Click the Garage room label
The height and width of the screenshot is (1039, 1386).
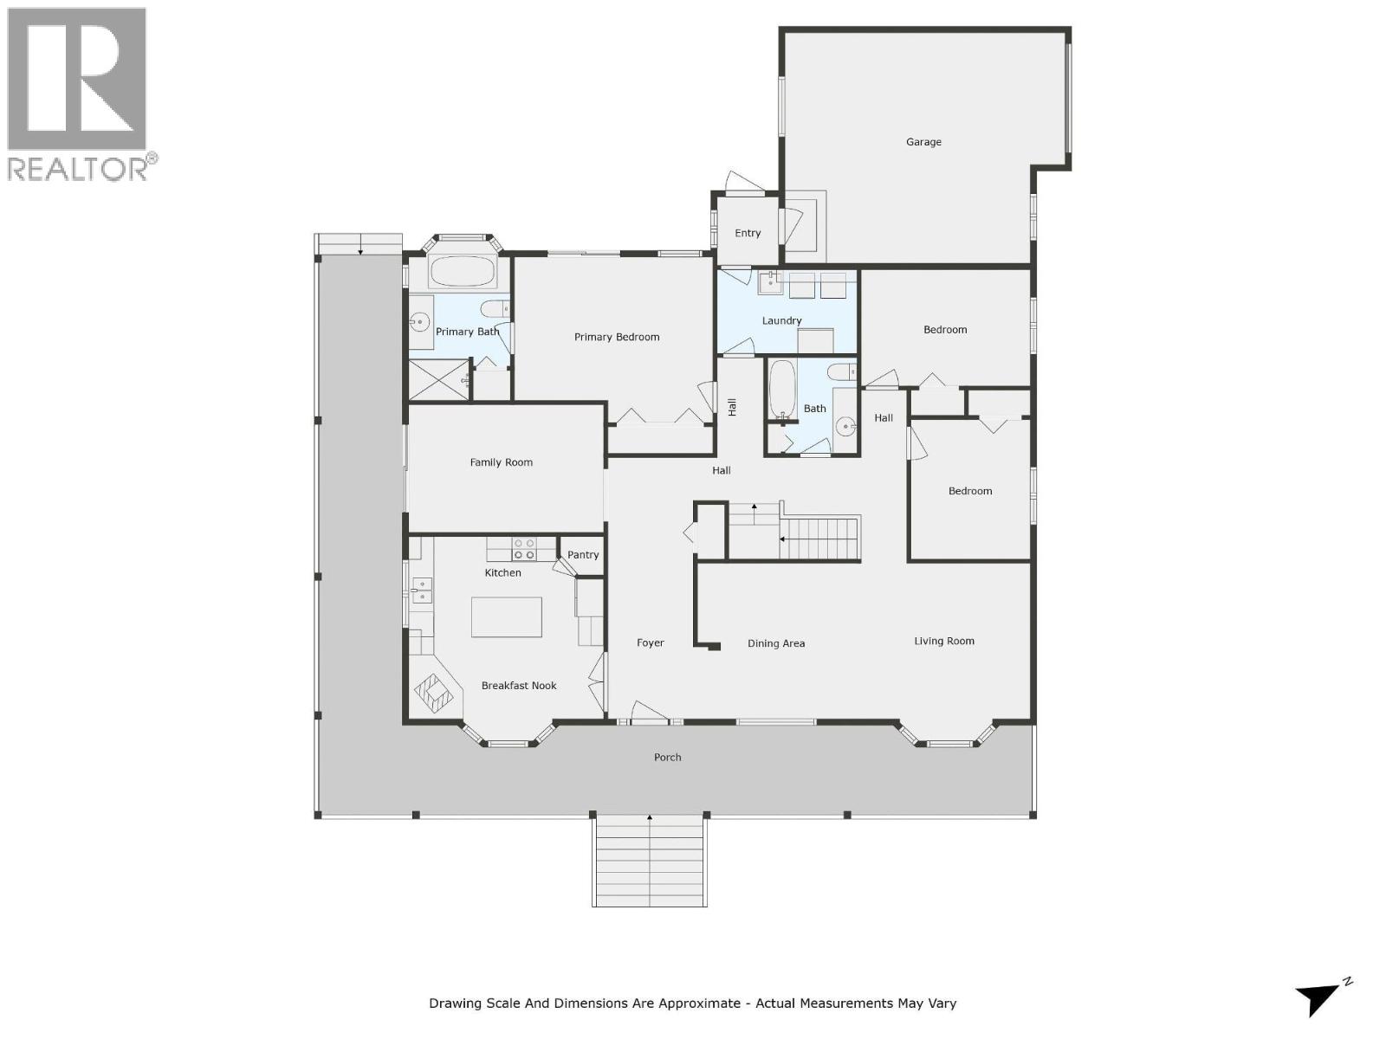pyautogui.click(x=923, y=142)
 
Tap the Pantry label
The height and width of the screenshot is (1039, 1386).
pyautogui.click(x=583, y=555)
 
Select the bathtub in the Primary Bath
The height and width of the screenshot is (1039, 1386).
pyautogui.click(x=463, y=272)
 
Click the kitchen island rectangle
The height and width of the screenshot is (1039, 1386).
pyautogui.click(x=507, y=616)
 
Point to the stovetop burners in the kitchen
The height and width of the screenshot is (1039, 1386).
pyautogui.click(x=524, y=549)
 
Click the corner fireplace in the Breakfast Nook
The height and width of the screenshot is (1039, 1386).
pyautogui.click(x=434, y=692)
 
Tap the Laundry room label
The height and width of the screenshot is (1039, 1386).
pyautogui.click(x=781, y=320)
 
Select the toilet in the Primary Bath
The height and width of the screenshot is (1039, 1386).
pyautogui.click(x=495, y=309)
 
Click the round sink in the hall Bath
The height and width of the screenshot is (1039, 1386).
pyautogui.click(x=846, y=425)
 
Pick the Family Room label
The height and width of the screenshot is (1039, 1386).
pyautogui.click(x=501, y=462)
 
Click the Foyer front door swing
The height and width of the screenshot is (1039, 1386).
pyautogui.click(x=649, y=711)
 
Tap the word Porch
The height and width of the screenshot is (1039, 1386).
pyautogui.click(x=667, y=758)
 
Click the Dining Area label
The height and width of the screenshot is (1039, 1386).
pyautogui.click(x=776, y=643)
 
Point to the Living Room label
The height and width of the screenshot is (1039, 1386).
pyautogui.click(x=944, y=642)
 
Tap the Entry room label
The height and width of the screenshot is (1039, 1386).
pyautogui.click(x=748, y=233)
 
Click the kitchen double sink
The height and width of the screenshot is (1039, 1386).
pyautogui.click(x=422, y=590)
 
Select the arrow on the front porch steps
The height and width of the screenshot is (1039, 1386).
pyautogui.click(x=650, y=818)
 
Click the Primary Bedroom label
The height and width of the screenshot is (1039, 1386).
pyautogui.click(x=617, y=337)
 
